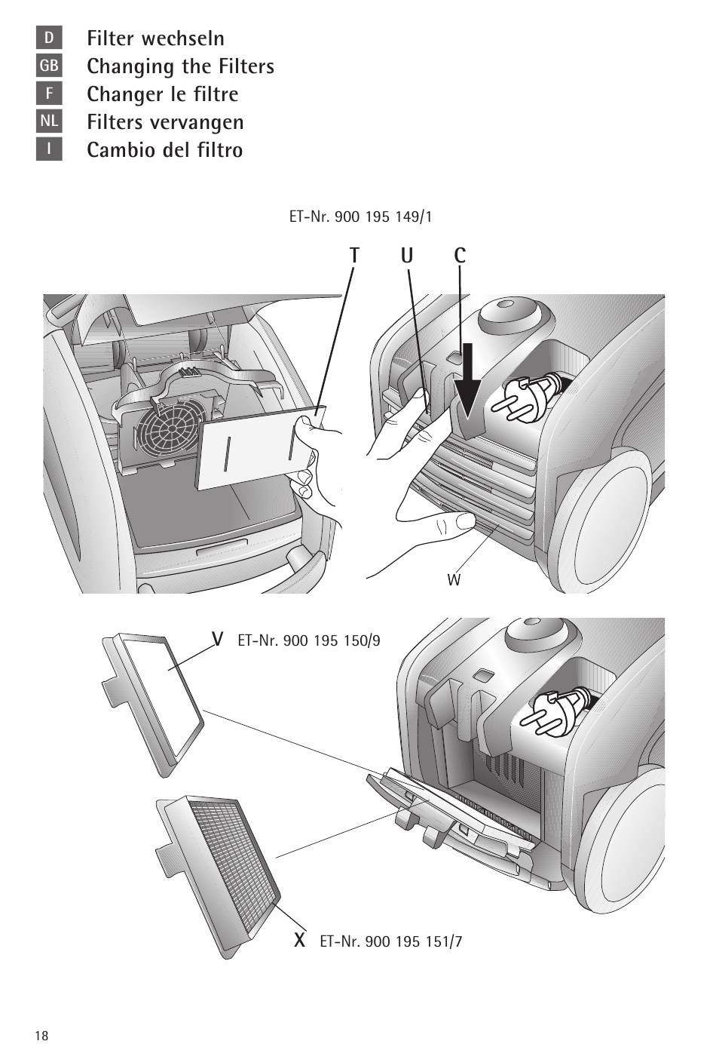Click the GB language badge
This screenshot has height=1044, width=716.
pyautogui.click(x=49, y=66)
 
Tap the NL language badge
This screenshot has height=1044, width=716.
pyautogui.click(x=49, y=121)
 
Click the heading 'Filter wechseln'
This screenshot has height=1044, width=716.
pyautogui.click(x=155, y=38)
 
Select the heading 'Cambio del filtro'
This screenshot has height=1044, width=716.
pyautogui.click(x=165, y=150)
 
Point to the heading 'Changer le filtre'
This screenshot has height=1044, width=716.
pyautogui.click(x=163, y=94)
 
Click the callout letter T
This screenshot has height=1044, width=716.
pyautogui.click(x=354, y=256)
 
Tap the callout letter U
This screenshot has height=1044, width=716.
pyautogui.click(x=406, y=256)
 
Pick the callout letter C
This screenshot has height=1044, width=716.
pyautogui.click(x=460, y=256)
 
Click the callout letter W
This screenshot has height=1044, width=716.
pyautogui.click(x=454, y=580)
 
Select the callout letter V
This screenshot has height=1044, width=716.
pyautogui.click(x=217, y=639)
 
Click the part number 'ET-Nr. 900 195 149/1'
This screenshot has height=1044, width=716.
pyautogui.click(x=360, y=216)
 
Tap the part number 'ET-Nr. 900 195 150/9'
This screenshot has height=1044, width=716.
pyautogui.click(x=309, y=640)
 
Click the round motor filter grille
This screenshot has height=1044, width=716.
pyautogui.click(x=173, y=428)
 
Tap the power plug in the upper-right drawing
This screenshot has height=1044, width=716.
pyautogui.click(x=529, y=395)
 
